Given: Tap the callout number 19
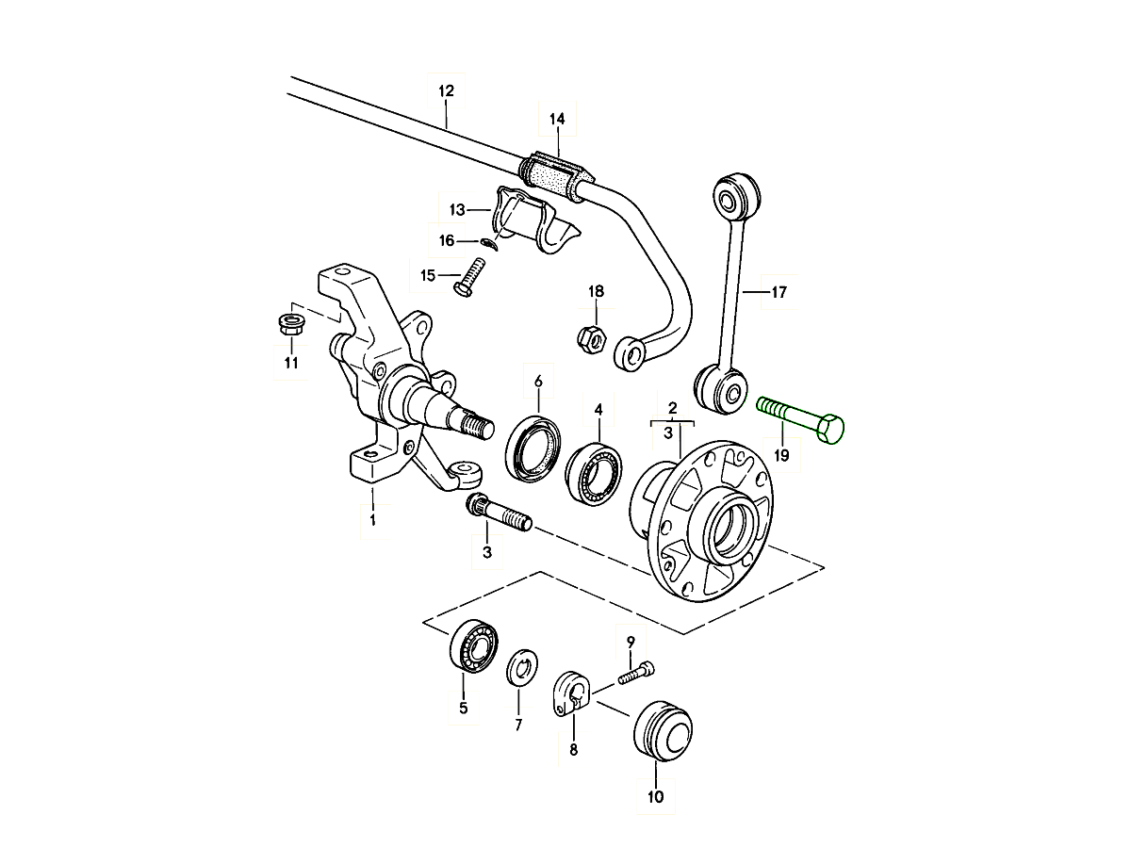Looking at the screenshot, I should click(x=781, y=457).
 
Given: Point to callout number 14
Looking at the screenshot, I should click(x=556, y=119).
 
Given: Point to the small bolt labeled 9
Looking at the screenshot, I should click(x=637, y=673).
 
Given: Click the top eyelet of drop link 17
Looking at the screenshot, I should click(x=733, y=196).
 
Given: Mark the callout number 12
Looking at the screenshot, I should click(x=446, y=91).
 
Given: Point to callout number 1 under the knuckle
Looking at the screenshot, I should click(x=372, y=519).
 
